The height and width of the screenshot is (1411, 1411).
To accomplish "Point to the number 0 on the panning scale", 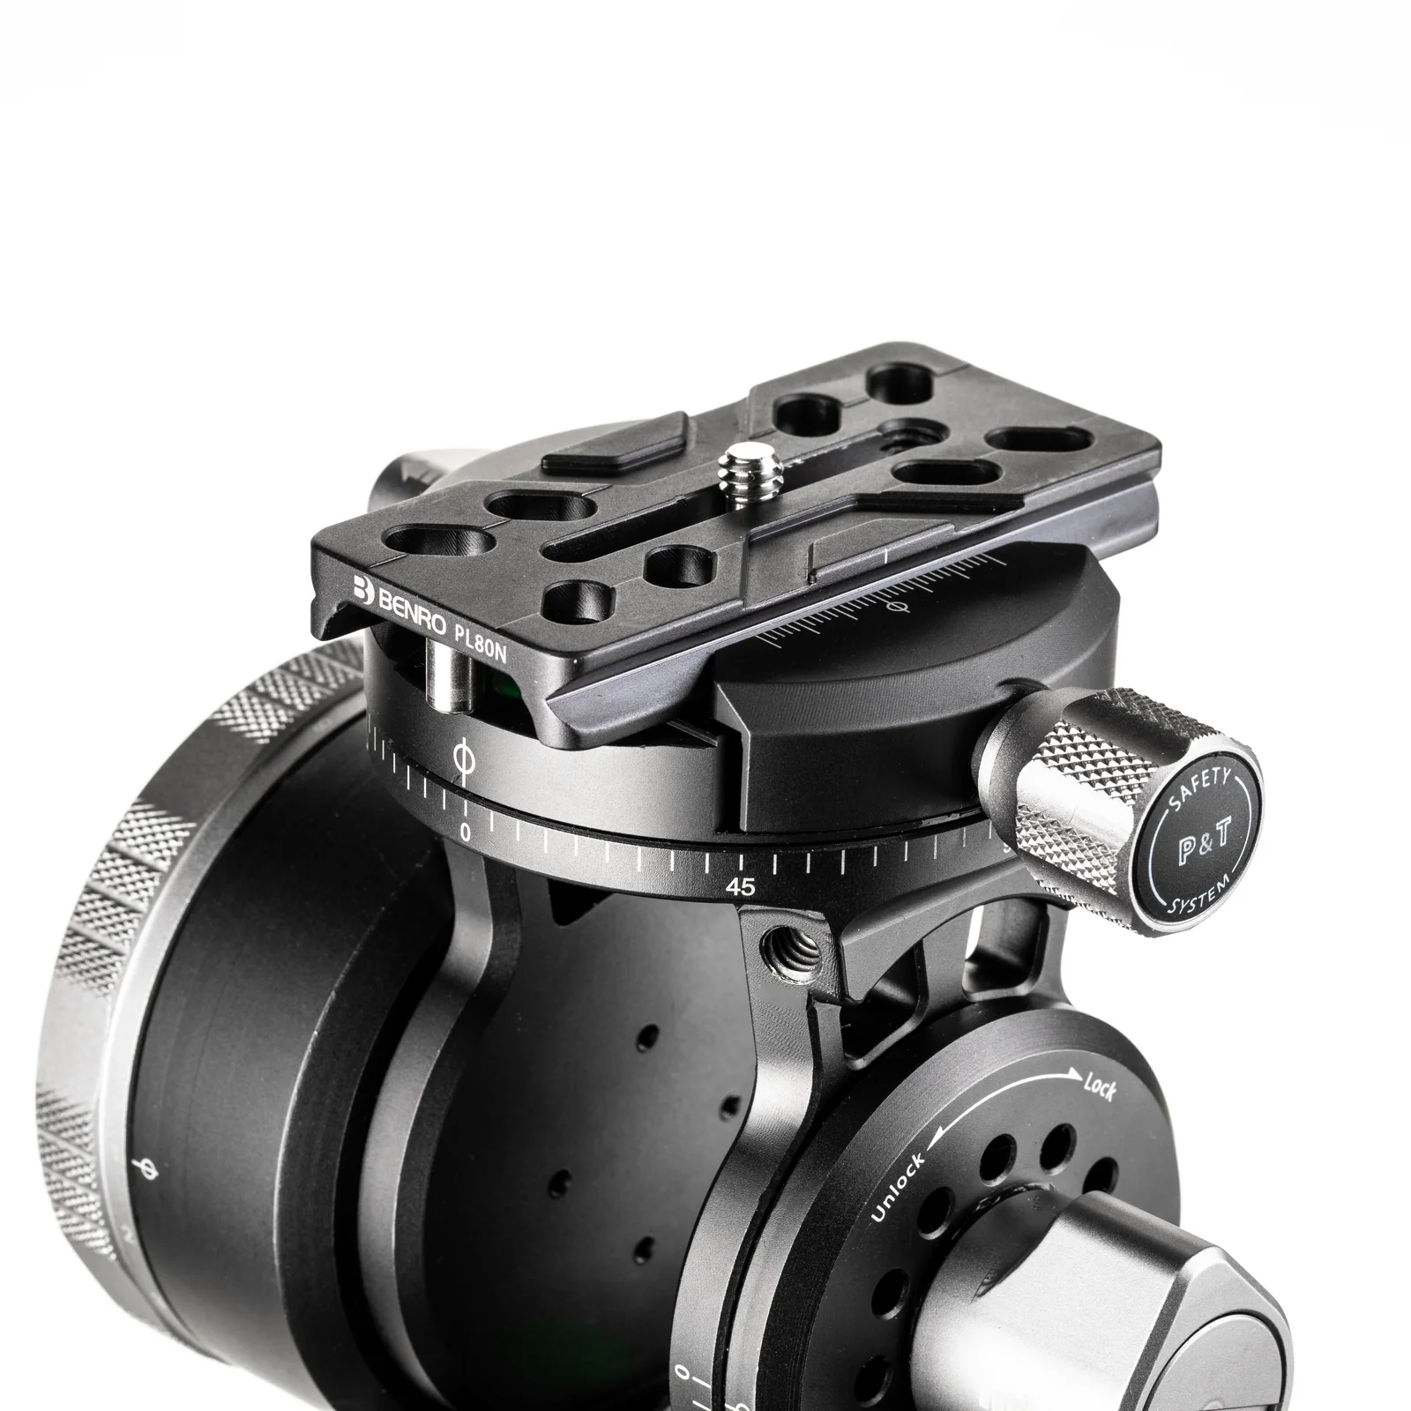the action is [x=466, y=832].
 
